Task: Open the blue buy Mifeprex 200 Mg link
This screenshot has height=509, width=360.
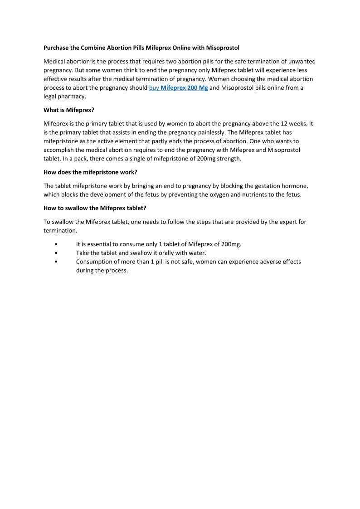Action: point(178,88)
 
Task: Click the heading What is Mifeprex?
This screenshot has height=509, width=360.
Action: point(69,110)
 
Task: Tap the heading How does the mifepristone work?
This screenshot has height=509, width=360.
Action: point(90,172)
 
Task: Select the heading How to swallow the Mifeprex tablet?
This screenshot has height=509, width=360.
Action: point(95,208)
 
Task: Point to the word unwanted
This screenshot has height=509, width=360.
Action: point(301,61)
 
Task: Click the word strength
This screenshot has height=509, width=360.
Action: point(229,159)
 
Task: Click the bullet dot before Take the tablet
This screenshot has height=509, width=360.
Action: point(56,253)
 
